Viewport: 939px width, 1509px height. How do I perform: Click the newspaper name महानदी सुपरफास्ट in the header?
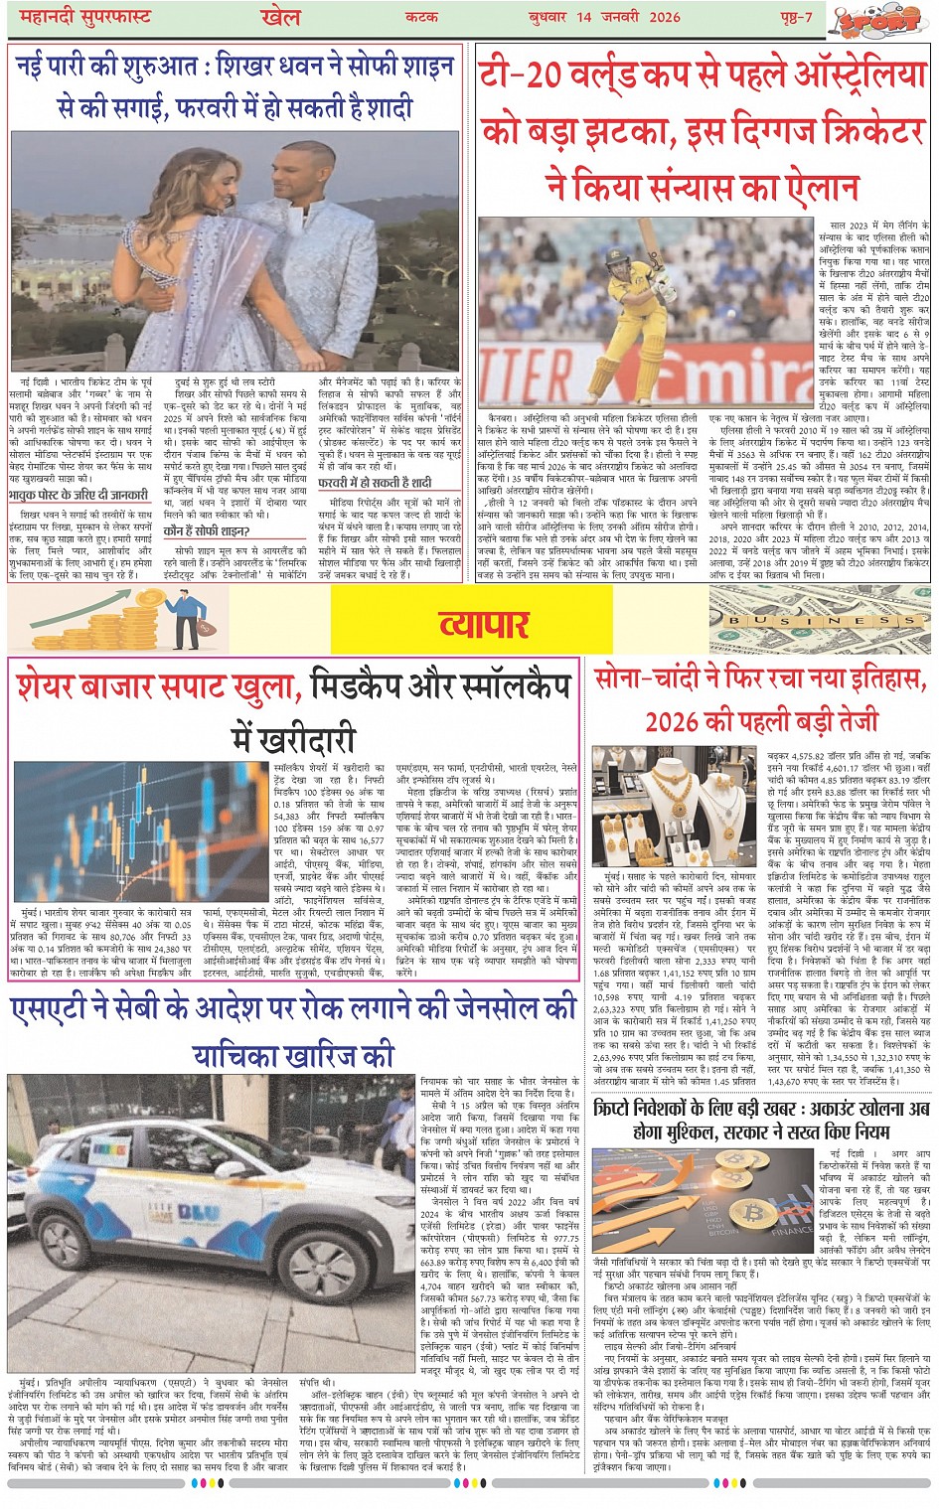[x=75, y=18]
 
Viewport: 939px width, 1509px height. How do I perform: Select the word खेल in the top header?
[x=280, y=17]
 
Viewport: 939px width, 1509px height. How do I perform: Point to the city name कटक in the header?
[x=421, y=18]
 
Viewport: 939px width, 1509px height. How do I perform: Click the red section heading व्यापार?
[x=484, y=624]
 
